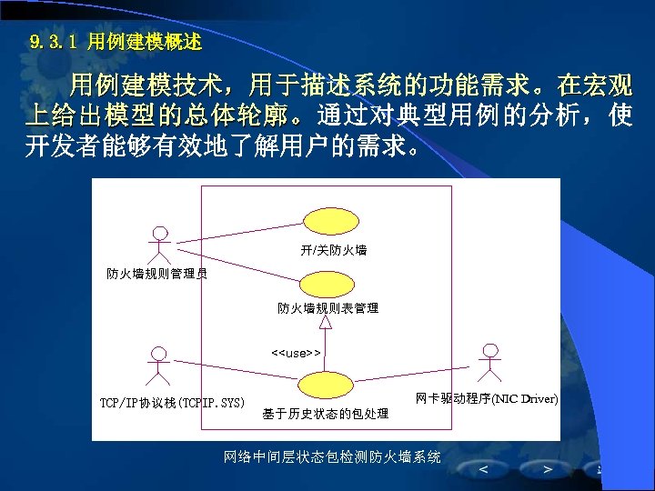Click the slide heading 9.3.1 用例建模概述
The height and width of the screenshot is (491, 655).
[116, 42]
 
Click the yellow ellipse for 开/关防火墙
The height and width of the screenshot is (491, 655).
[333, 221]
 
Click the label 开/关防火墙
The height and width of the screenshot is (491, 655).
[333, 249]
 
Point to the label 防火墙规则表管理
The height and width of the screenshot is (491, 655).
[327, 308]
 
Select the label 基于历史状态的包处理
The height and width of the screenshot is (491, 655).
[325, 414]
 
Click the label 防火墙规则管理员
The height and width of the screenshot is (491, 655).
[156, 273]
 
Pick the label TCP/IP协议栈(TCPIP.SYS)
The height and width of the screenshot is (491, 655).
[172, 402]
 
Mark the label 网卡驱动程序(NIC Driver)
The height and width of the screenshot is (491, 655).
[487, 398]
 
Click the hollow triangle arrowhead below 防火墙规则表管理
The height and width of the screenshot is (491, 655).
[325, 321]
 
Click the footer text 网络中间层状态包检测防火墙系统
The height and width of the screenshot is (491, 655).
[332, 456]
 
